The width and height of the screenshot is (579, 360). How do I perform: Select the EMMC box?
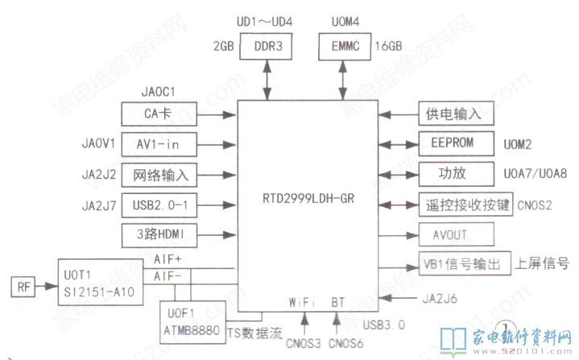[345, 46]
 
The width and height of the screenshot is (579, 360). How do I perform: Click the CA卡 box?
[159, 114]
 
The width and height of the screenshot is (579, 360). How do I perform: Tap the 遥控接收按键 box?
[455, 204]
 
